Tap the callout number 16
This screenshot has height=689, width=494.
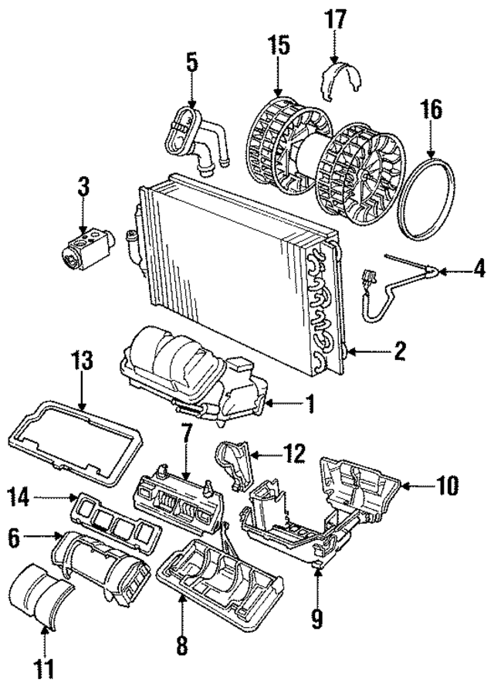(x=431, y=110)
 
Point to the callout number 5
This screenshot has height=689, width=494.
(x=191, y=62)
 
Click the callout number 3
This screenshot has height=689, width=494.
(x=84, y=186)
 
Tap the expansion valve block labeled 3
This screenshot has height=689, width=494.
(x=83, y=247)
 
